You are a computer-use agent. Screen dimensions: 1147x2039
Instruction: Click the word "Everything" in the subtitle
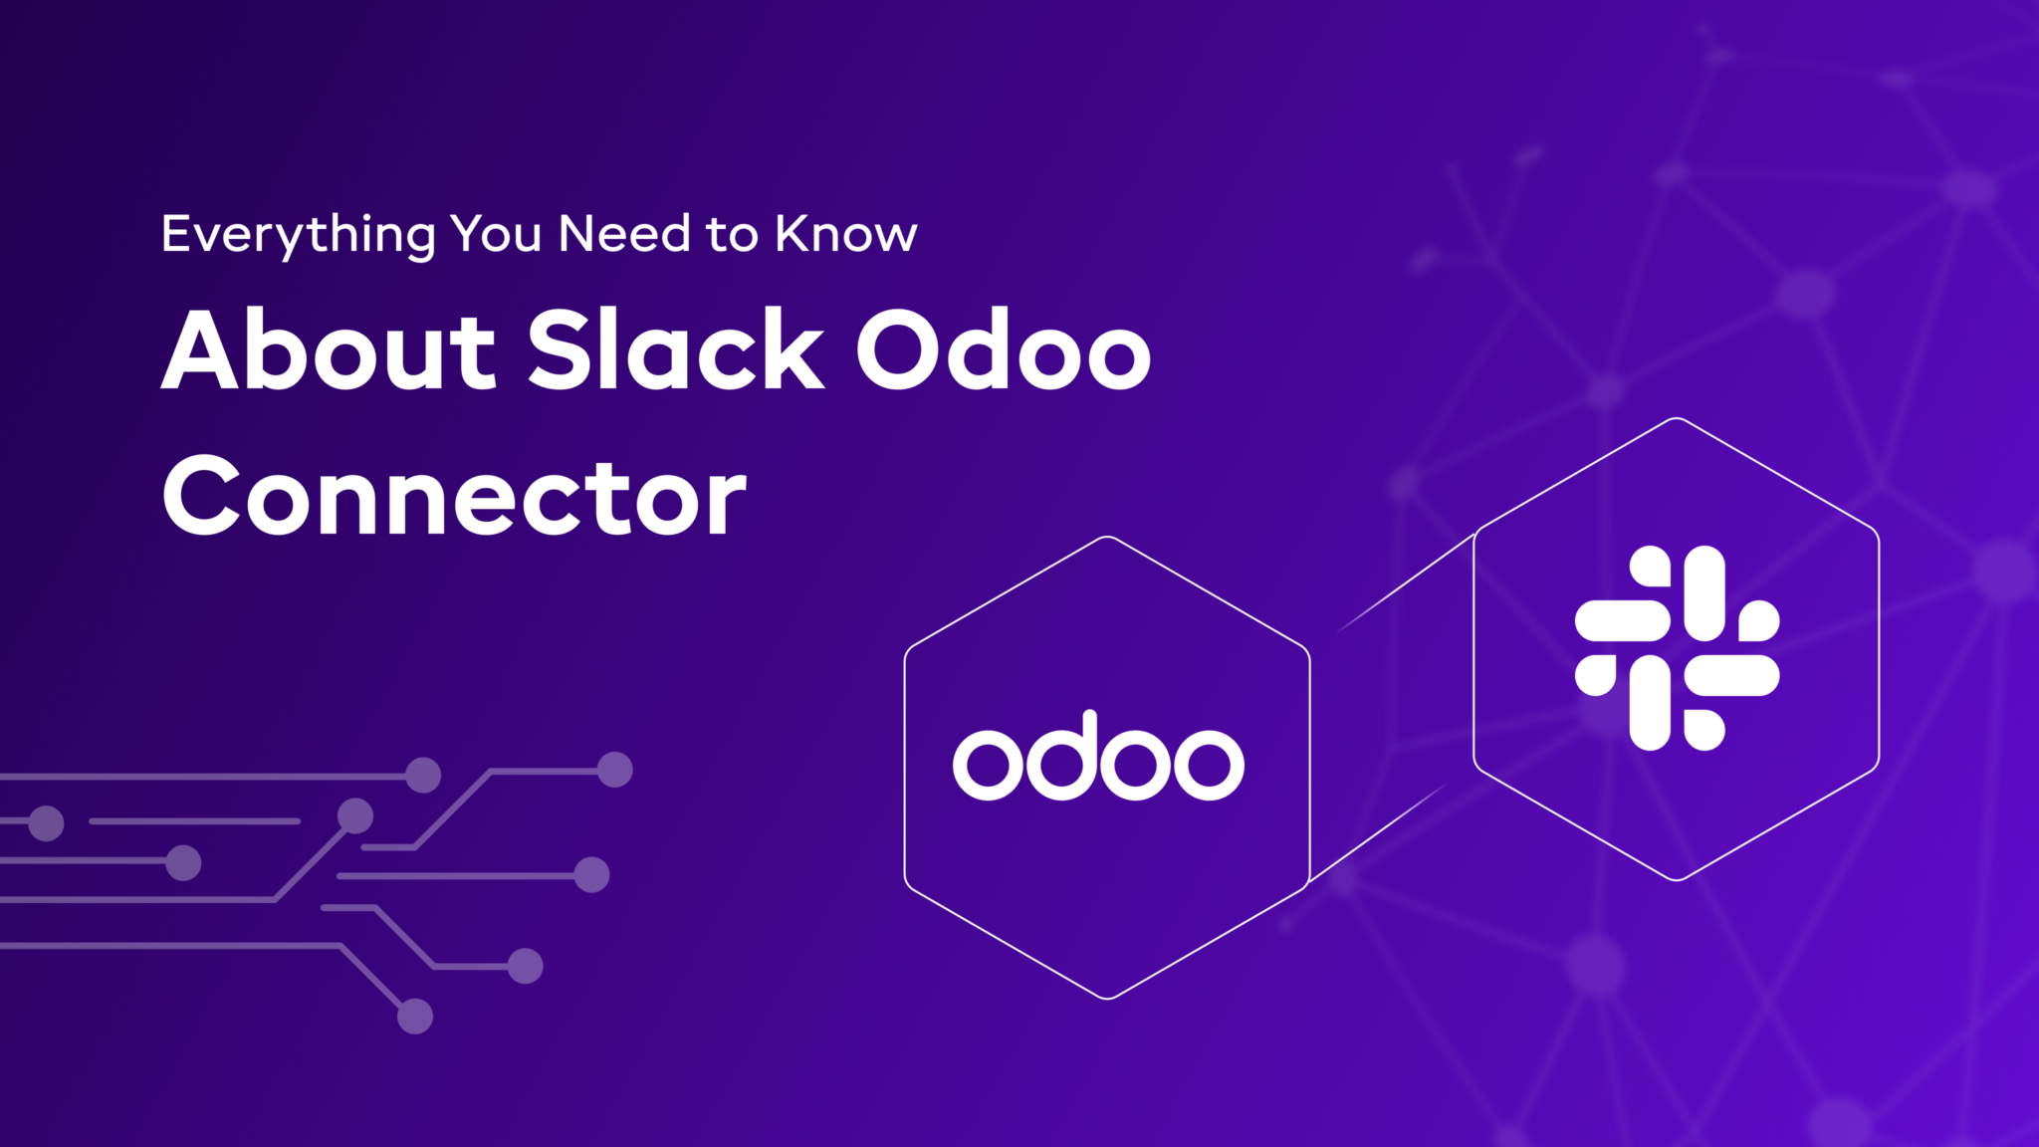pyautogui.click(x=298, y=236)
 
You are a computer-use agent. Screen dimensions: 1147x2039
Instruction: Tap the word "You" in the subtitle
pyautogui.click(x=495, y=234)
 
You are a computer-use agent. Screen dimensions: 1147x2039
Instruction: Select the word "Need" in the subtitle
pyautogui.click(x=624, y=234)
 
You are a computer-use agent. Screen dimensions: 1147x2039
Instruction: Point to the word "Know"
pyautogui.click(x=845, y=234)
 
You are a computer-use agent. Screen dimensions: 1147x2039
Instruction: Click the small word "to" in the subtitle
pyautogui.click(x=732, y=236)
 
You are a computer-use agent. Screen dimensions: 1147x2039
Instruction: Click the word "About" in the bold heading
pyautogui.click(x=329, y=349)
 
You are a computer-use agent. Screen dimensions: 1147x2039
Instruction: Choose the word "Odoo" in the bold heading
pyautogui.click(x=1003, y=349)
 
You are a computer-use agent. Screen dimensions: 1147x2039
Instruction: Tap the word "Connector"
pyautogui.click(x=454, y=496)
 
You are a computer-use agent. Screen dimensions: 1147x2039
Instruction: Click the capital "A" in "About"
pyautogui.click(x=201, y=350)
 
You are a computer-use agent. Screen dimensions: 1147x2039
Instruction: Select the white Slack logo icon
pyautogui.click(x=1677, y=648)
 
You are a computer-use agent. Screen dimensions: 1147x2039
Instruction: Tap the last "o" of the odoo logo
pyautogui.click(x=1209, y=764)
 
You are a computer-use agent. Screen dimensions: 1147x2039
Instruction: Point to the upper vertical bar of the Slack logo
pyautogui.click(x=1703, y=592)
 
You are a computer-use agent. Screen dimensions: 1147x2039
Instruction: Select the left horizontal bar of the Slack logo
pyautogui.click(x=1622, y=620)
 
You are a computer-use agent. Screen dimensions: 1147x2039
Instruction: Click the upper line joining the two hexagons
pyautogui.click(x=1406, y=582)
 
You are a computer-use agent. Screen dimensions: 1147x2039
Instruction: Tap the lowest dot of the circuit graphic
pyautogui.click(x=415, y=1017)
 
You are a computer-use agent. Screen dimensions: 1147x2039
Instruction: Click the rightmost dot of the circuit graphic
pyautogui.click(x=614, y=770)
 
